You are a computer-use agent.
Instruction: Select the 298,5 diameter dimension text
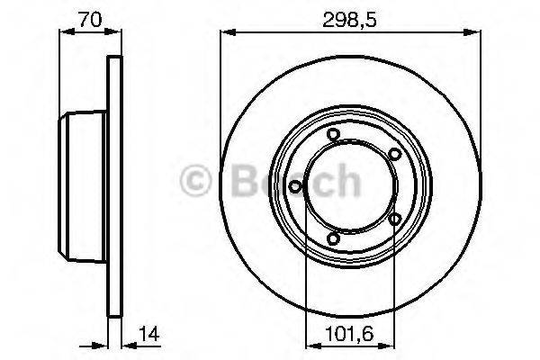[x=344, y=16]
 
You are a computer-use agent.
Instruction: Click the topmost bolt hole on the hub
[x=334, y=136]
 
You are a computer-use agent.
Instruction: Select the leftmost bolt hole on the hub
[x=296, y=186]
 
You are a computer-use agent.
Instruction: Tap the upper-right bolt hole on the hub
[x=394, y=156]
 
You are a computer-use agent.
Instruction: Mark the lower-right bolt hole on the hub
[x=394, y=218]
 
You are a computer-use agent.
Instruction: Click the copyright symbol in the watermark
[x=196, y=181]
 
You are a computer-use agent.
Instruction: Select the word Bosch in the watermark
[x=287, y=181]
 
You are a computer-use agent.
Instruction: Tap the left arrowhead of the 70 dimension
[x=64, y=33]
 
